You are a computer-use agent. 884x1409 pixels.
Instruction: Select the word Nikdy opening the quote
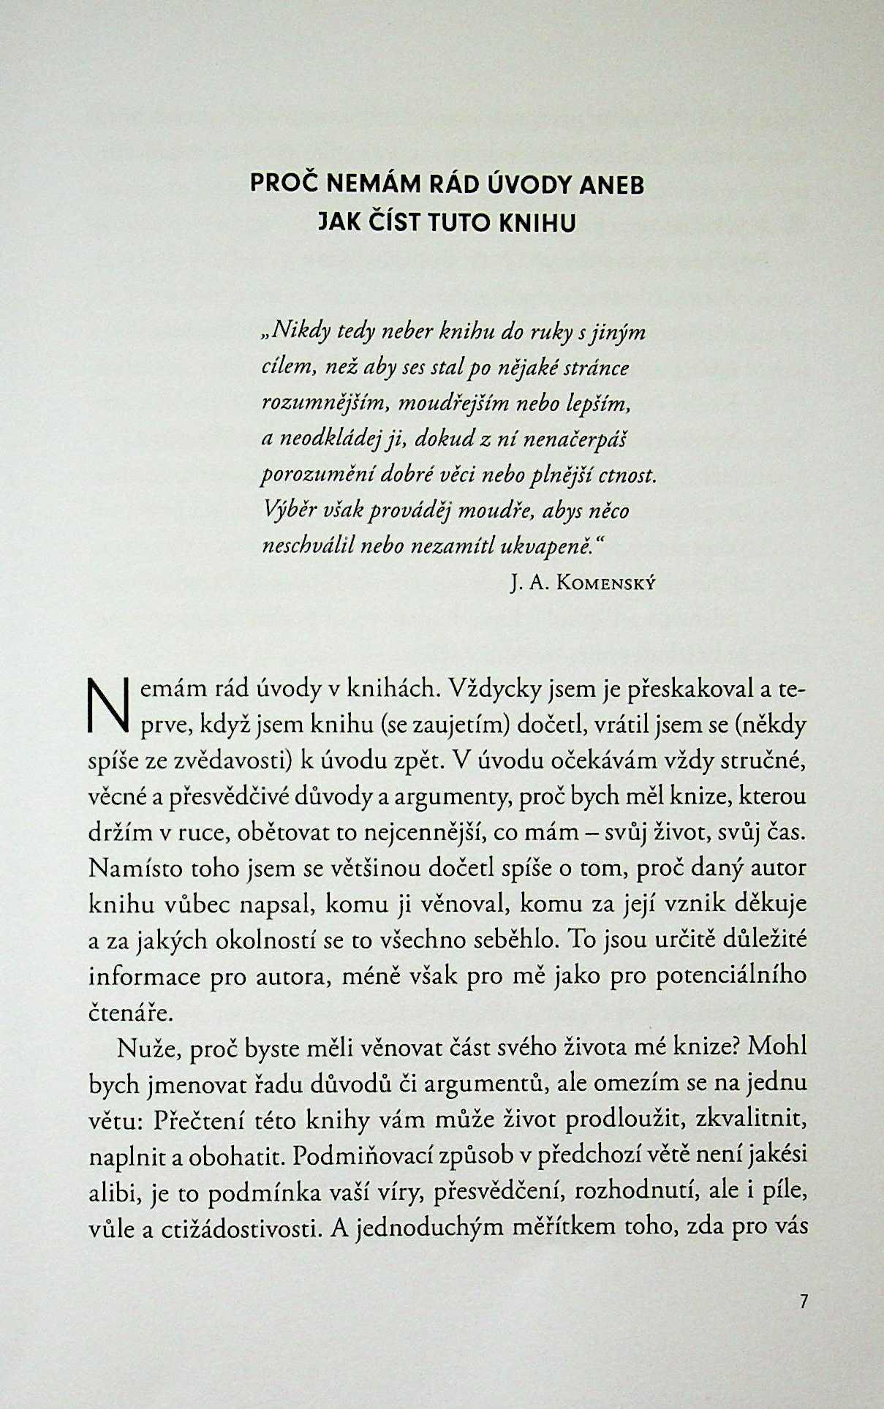[298, 333]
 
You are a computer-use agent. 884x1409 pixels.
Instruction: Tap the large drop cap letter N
[107, 706]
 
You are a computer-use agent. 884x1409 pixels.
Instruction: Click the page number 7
[803, 1302]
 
